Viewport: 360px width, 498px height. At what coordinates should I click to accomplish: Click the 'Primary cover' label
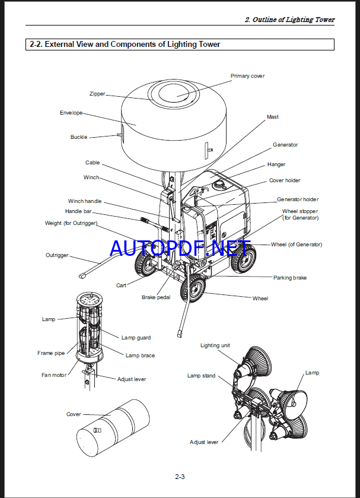click(x=247, y=76)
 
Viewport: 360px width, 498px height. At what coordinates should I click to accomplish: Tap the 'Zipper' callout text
click(x=97, y=94)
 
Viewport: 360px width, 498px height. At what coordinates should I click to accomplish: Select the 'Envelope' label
click(x=71, y=113)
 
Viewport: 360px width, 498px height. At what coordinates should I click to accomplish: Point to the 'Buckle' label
click(x=79, y=137)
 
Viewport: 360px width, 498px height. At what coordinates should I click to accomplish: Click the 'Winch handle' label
click(x=85, y=201)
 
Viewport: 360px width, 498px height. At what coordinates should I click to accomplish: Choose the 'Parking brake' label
click(x=290, y=278)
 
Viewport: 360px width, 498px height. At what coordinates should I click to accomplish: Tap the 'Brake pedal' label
click(x=156, y=297)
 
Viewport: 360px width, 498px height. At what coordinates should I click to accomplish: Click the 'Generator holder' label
click(x=298, y=199)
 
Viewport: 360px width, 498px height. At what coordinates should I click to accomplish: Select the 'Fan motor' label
click(x=54, y=375)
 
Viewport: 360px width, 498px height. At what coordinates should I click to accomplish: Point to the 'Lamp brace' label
click(x=140, y=356)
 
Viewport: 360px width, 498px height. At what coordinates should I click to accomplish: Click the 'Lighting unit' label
click(x=215, y=345)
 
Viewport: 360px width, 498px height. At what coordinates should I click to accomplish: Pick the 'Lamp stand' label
click(x=202, y=376)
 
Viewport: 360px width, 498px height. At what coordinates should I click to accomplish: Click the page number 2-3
click(x=180, y=477)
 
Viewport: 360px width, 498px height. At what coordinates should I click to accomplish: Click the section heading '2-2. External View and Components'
click(x=125, y=44)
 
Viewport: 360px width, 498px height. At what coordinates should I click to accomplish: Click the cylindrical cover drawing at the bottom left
click(x=114, y=428)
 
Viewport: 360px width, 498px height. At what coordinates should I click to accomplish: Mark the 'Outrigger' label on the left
click(x=57, y=255)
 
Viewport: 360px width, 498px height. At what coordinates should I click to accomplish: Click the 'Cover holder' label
click(x=285, y=180)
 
